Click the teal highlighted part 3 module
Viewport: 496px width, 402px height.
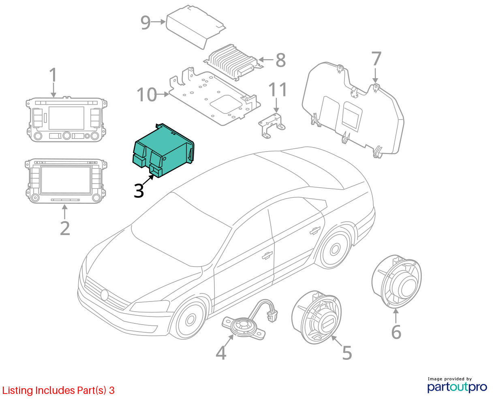click(x=163, y=151)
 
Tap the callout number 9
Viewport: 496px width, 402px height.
click(x=145, y=23)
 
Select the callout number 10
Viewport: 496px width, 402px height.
click(x=147, y=94)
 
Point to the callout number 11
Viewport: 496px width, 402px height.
click(x=277, y=90)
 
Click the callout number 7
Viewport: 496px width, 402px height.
click(x=376, y=59)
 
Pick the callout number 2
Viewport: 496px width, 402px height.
click(x=65, y=229)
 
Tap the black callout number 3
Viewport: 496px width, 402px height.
click(x=139, y=191)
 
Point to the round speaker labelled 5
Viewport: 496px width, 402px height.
click(x=316, y=317)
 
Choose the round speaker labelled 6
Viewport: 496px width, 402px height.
click(x=397, y=281)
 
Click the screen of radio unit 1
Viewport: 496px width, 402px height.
click(x=66, y=118)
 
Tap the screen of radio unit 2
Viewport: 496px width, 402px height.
click(x=66, y=180)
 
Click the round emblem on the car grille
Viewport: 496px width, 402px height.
click(x=104, y=295)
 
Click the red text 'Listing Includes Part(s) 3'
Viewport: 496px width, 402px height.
click(x=58, y=391)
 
